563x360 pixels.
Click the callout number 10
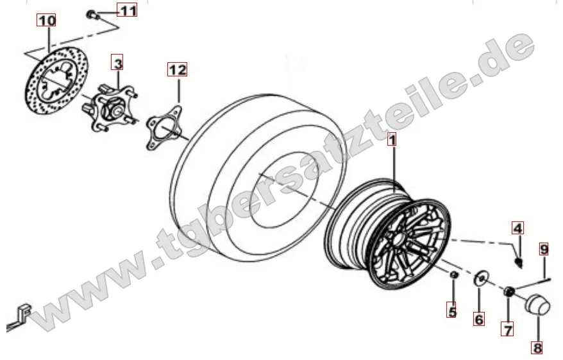tap(47, 20)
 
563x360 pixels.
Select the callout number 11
tap(127, 10)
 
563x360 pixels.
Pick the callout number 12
tap(178, 69)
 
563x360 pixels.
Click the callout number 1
tap(392, 139)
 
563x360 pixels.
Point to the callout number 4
tap(517, 228)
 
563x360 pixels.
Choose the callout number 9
tap(544, 248)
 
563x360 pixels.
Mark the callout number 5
tap(452, 310)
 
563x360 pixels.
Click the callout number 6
tap(479, 318)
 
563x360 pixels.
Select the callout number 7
tap(507, 329)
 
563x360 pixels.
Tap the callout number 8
tap(537, 347)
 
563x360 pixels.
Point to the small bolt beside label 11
tap(90, 15)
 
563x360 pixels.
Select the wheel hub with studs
tap(110, 108)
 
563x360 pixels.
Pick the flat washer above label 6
tap(480, 279)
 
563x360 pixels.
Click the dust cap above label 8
tap(537, 305)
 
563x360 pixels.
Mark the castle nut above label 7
tap(508, 292)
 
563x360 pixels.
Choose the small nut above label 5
tap(454, 275)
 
